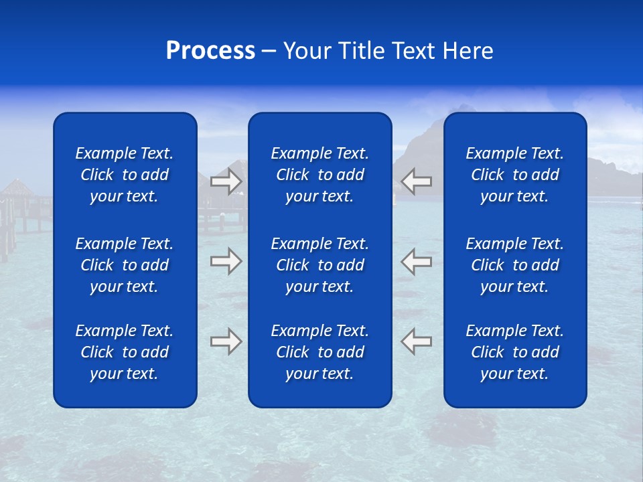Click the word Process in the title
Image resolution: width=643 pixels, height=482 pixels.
210,51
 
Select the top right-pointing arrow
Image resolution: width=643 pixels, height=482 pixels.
226,181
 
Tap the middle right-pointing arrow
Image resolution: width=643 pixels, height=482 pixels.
226,260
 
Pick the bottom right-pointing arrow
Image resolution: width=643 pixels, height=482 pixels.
226,341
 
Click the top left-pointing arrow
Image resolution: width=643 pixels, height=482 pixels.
417,181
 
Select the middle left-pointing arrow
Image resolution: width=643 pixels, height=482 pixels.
417,260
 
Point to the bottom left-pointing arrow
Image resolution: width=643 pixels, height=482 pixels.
417,341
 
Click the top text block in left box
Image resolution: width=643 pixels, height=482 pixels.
125,175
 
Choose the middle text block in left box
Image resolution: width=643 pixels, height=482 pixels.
125,265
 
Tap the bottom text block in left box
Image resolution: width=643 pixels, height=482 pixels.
125,352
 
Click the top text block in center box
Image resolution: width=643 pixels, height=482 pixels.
319,175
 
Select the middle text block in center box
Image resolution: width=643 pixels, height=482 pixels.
319,265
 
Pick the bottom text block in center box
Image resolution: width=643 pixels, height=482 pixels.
319,352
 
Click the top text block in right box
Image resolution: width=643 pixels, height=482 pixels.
514,175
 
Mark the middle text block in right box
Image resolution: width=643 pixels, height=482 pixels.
514,265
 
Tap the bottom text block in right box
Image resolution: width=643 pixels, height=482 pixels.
514,352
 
